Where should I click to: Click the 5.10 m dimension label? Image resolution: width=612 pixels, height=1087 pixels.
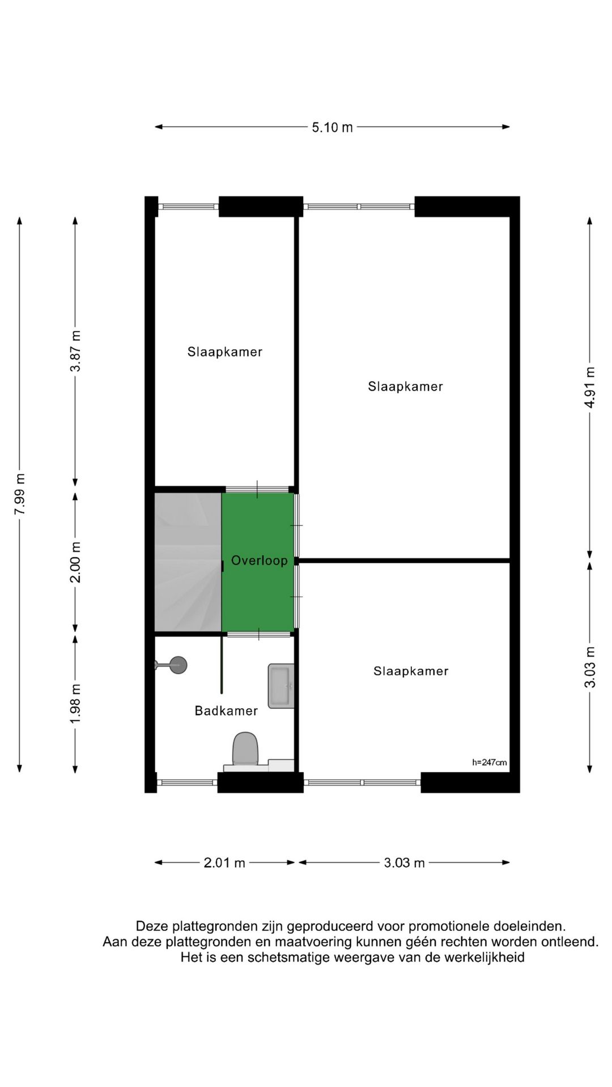tap(332, 127)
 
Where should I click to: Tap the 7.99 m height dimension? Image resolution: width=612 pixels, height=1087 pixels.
tap(20, 494)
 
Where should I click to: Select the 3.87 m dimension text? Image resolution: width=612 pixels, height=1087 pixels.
tap(75, 351)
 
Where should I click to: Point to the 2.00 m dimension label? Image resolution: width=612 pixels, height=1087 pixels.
tap(75, 562)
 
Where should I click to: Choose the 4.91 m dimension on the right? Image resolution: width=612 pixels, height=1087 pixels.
tap(590, 387)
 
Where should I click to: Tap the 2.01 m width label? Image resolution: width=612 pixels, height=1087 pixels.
tap(224, 863)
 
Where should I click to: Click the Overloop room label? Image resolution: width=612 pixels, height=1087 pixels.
tap(259, 561)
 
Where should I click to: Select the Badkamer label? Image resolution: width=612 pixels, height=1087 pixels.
tap(226, 711)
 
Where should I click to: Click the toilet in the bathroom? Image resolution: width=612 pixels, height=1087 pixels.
tap(245, 749)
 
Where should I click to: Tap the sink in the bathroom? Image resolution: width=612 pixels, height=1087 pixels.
tap(281, 686)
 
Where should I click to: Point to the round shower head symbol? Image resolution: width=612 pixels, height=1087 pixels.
tap(178, 665)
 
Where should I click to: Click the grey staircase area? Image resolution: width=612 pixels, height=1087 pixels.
tap(188, 562)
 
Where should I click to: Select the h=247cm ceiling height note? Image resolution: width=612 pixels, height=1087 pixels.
tap(489, 763)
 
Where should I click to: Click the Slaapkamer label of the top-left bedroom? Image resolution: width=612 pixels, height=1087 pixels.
tap(225, 352)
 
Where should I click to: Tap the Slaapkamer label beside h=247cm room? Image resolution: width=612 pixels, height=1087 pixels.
tap(411, 671)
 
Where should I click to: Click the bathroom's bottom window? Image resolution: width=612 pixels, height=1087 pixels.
tap(187, 782)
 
